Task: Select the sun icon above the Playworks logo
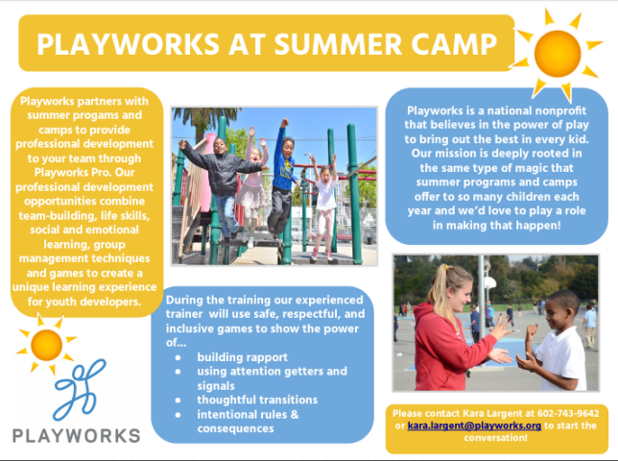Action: (x=46, y=344)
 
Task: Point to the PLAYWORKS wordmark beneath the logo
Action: (x=76, y=435)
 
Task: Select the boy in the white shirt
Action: (x=557, y=351)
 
